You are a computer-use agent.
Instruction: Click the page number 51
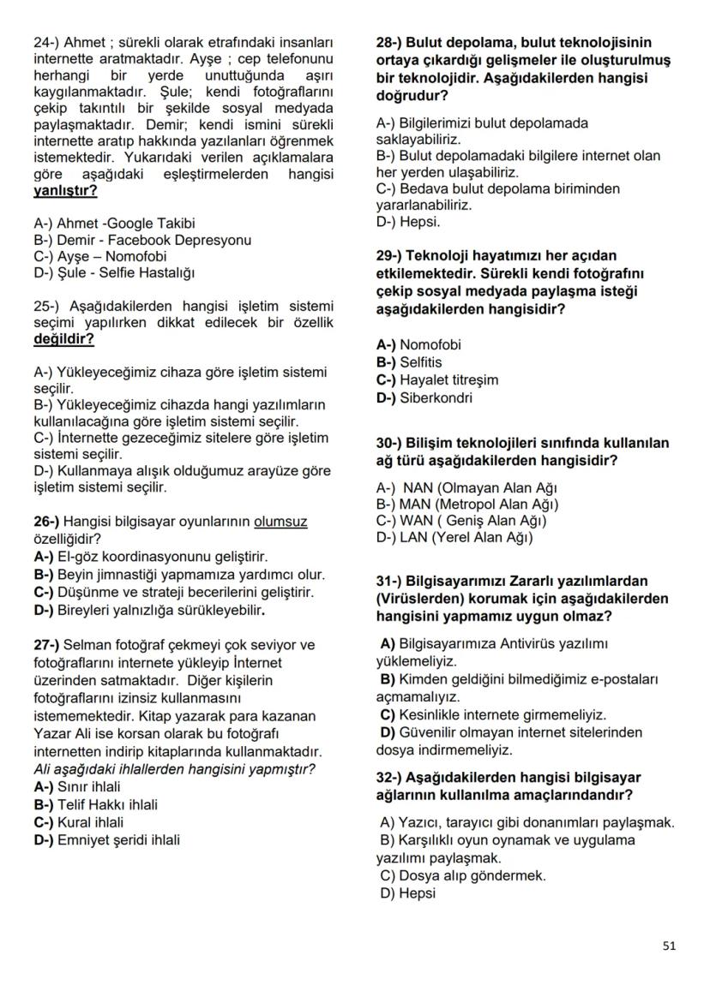(x=670, y=946)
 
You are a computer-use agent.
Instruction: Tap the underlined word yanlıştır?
(x=65, y=190)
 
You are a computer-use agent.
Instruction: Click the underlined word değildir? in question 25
(x=63, y=338)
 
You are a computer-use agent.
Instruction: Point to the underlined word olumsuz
(x=280, y=521)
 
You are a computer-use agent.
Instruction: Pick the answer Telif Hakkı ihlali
(x=107, y=804)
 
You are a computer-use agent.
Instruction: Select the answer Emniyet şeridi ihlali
(x=118, y=839)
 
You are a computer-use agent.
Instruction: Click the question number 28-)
(x=391, y=42)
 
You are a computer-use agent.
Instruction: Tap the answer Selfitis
(x=422, y=362)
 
